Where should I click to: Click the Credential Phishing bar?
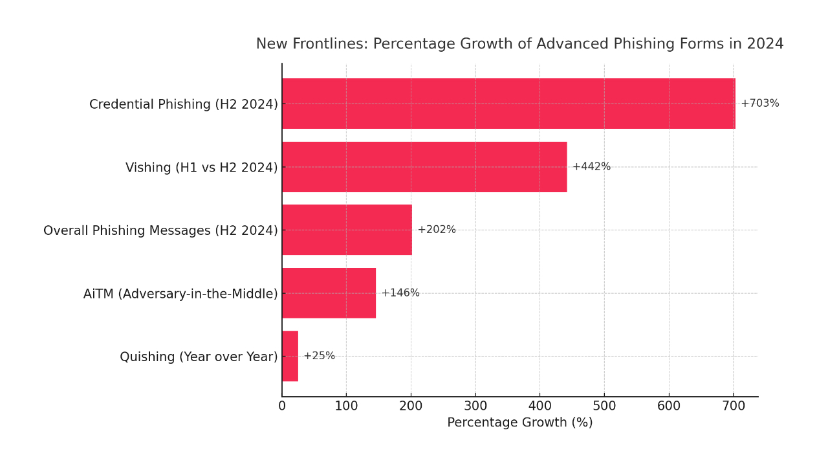[508, 104]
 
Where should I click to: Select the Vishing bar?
[424, 167]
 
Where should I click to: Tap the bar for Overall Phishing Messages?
[347, 230]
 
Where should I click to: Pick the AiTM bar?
[329, 293]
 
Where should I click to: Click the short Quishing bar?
[290, 356]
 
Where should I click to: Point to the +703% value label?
[759, 104]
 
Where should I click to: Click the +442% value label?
[591, 167]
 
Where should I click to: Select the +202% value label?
[437, 230]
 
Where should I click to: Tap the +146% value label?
[400, 293]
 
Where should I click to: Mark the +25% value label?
[320, 356]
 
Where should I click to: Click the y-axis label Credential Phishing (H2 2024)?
[184, 104]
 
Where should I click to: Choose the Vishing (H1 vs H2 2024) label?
[202, 168]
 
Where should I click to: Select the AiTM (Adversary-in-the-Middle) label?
[180, 294]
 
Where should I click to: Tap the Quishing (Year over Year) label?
[199, 357]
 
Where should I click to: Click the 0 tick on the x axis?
[282, 406]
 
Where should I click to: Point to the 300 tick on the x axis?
[475, 406]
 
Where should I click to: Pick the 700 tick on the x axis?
[734, 406]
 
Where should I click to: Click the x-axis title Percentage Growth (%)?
[520, 423]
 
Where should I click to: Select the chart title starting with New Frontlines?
[519, 44]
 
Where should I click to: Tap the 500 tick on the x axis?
[604, 406]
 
